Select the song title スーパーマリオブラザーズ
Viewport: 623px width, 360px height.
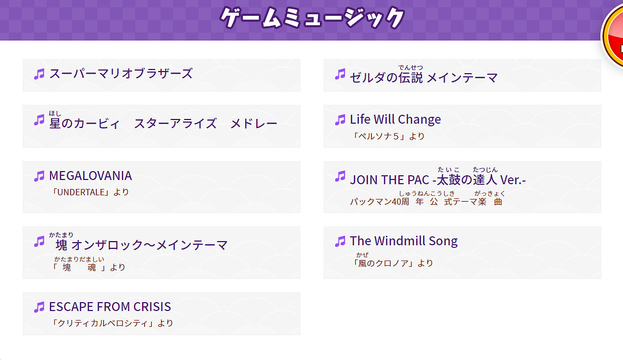(120, 74)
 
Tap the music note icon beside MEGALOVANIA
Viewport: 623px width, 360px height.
(39, 176)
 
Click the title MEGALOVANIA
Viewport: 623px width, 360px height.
(91, 176)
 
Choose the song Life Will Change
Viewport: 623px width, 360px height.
(395, 119)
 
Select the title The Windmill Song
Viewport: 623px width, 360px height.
(404, 241)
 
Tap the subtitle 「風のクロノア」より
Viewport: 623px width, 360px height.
(394, 263)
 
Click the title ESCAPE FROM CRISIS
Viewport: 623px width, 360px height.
(110, 307)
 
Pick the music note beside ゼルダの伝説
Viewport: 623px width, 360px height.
(340, 74)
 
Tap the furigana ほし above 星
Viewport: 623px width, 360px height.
(55, 114)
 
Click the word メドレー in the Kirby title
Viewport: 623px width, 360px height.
(254, 124)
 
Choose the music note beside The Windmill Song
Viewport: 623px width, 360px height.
(340, 242)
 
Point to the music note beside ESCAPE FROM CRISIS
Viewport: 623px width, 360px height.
(39, 307)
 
